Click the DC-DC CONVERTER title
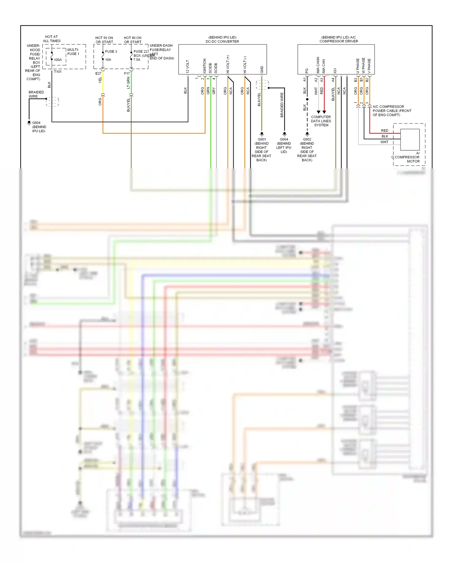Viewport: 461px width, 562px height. (x=222, y=42)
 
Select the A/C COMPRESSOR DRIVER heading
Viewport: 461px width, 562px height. (x=338, y=41)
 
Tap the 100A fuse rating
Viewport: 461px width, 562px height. (x=58, y=60)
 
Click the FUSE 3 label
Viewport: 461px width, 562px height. (x=111, y=51)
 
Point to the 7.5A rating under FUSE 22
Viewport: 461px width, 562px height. (x=137, y=60)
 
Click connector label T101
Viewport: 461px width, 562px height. (x=58, y=72)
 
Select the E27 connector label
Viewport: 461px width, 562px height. (x=98, y=73)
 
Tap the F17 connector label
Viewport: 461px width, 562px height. (x=127, y=73)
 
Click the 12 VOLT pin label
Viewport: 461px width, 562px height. (x=187, y=66)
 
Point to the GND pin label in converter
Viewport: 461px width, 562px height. (x=262, y=69)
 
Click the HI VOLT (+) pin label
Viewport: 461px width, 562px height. (x=228, y=64)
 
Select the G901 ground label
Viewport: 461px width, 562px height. (x=262, y=139)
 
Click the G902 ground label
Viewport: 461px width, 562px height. (x=307, y=139)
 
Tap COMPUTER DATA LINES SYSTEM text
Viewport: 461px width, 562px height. (x=321, y=121)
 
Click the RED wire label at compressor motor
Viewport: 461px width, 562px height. (x=384, y=131)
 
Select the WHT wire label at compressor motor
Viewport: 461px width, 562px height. (x=384, y=142)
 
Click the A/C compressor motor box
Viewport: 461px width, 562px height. (x=410, y=140)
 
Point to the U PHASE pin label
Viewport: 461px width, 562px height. (x=358, y=66)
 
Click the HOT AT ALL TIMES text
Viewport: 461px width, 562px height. (x=52, y=39)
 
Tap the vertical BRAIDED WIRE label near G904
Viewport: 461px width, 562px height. (x=282, y=105)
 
